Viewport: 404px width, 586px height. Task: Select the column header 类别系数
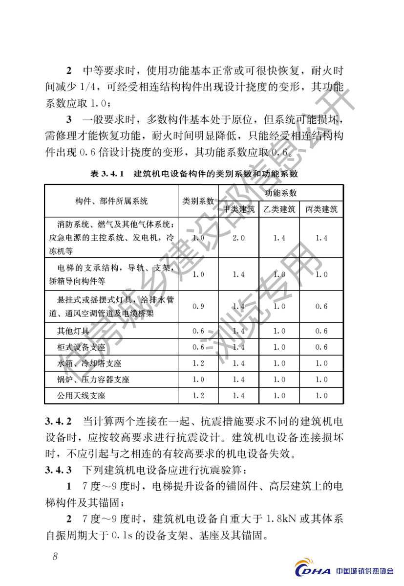pyautogui.click(x=198, y=201)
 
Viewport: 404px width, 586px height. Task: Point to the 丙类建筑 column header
pyautogui.click(x=321, y=209)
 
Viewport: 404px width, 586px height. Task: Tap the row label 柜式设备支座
pyautogui.click(x=82, y=347)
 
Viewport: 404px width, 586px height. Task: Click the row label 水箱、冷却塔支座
pyautogui.click(x=89, y=363)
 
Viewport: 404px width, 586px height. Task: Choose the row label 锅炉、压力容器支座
pyautogui.click(x=93, y=380)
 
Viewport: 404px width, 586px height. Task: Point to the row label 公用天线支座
pyautogui.click(x=82, y=395)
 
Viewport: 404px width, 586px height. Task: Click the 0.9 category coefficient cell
pyautogui.click(x=198, y=306)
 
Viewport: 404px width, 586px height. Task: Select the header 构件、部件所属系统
pyautogui.click(x=112, y=201)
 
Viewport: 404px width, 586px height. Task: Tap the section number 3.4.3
pyautogui.click(x=58, y=471)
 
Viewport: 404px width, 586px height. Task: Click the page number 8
pyautogui.click(x=55, y=556)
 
